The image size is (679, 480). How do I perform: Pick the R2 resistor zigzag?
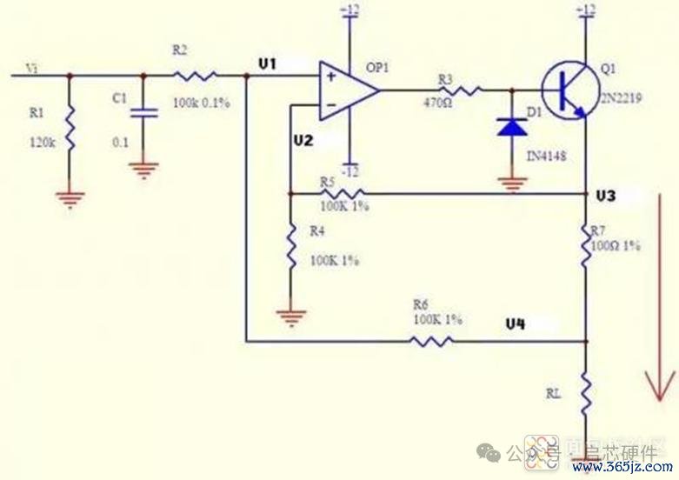194,77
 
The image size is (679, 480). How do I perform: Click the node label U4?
516,323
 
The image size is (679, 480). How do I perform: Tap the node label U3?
605,197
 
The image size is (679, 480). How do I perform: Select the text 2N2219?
621,99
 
